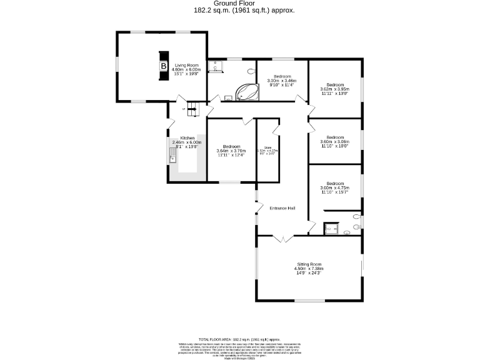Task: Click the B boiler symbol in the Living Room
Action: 163,66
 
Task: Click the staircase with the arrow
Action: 193,109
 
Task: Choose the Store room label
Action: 267,149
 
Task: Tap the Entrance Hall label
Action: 282,208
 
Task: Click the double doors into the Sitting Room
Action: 283,238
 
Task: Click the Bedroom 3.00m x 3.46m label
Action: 282,79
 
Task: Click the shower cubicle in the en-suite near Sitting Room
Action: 331,229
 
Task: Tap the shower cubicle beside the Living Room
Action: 217,66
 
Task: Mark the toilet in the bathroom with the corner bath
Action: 251,71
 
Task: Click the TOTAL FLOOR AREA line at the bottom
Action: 240,338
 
